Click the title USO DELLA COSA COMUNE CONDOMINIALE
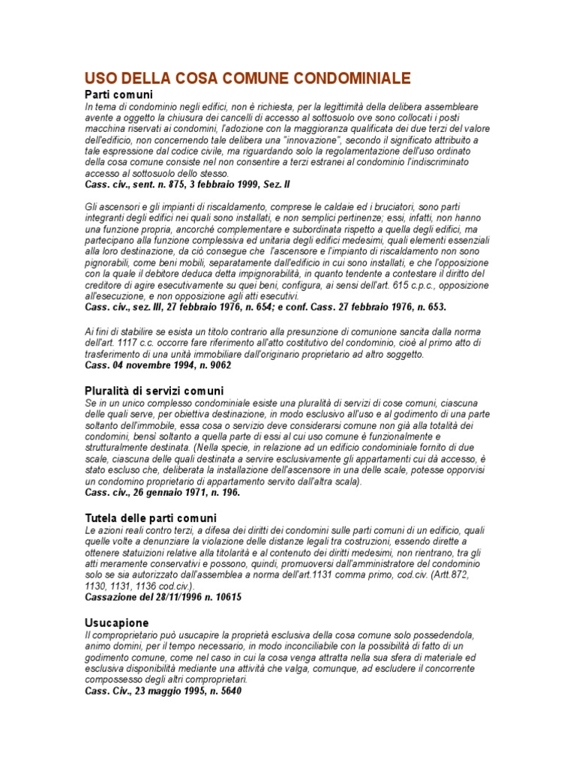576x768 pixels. pyautogui.click(x=247, y=78)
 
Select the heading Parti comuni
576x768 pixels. pyautogui.click(x=118, y=95)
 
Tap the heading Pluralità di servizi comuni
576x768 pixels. pyautogui.click(x=154, y=391)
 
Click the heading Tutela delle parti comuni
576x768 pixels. pyautogui.click(x=150, y=517)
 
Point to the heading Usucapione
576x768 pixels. pyautogui.click(x=116, y=622)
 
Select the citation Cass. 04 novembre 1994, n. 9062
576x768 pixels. pyautogui.click(x=158, y=365)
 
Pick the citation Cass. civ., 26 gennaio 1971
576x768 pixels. pyautogui.click(x=162, y=492)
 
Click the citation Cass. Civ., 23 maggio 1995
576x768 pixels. pyautogui.click(x=163, y=691)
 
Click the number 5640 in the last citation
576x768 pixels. pyautogui.click(x=227, y=691)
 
